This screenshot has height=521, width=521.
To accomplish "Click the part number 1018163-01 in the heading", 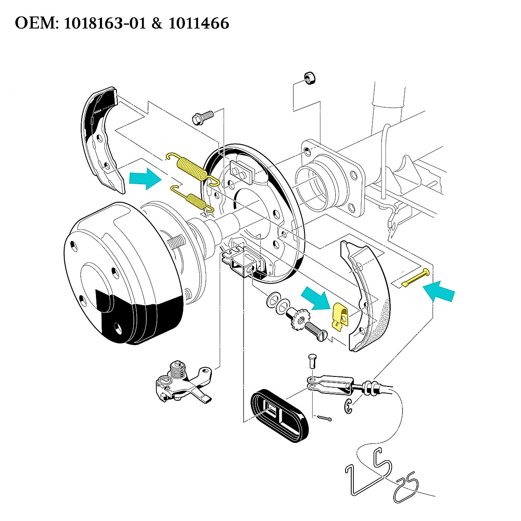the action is (104, 23).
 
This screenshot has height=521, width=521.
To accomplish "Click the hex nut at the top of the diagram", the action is (310, 78).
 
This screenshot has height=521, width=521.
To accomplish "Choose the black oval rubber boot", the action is (280, 415).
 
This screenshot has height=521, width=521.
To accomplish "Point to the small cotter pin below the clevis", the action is (325, 419).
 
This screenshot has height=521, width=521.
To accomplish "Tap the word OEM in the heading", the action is (34, 23).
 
